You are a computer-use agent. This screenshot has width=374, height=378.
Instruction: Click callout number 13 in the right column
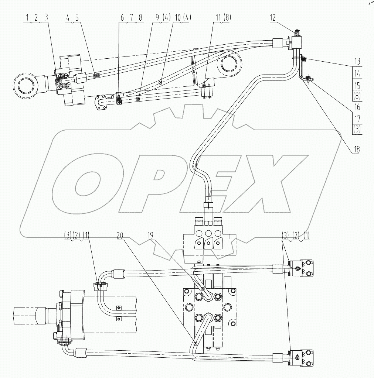356,62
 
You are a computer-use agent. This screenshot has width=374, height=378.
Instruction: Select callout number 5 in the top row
76,17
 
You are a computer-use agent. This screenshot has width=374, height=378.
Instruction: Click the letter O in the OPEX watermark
89,184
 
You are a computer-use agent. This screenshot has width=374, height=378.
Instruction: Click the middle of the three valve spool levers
210,243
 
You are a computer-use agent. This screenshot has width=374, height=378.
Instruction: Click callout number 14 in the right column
356,73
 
